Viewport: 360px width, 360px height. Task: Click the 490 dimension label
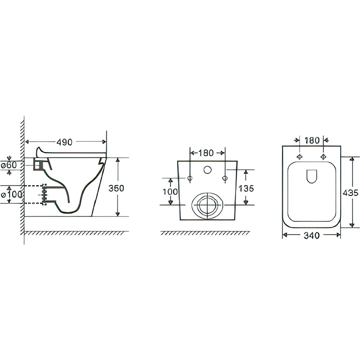(64, 142)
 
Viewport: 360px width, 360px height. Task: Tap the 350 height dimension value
(116, 188)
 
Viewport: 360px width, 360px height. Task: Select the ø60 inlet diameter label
(9, 165)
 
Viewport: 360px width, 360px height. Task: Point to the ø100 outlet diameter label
(12, 194)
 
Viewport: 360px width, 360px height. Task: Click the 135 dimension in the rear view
(246, 189)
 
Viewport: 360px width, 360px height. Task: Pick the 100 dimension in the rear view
(170, 192)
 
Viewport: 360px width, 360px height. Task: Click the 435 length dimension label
(350, 193)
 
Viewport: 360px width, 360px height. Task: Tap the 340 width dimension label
(311, 235)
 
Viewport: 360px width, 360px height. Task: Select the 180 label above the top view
(312, 140)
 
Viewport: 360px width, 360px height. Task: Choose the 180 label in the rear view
(206, 153)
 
